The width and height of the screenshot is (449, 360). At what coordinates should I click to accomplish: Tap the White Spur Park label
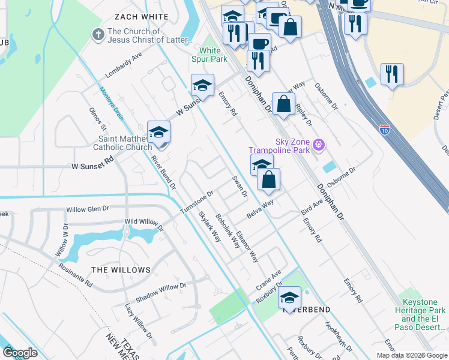coord(213,55)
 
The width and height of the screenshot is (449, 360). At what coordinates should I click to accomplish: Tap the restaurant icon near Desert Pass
coord(392,74)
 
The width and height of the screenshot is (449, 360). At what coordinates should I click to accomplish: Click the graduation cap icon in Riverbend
coord(289,298)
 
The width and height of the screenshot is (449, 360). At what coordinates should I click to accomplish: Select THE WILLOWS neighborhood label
coord(121,270)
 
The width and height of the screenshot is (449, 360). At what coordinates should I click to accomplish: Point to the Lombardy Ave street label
coord(123,65)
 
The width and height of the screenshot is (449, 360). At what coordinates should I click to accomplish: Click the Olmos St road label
coord(97,119)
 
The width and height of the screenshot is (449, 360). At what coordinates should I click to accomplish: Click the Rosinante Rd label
coord(76,274)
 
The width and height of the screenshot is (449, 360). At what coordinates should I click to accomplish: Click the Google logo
coord(20,353)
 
